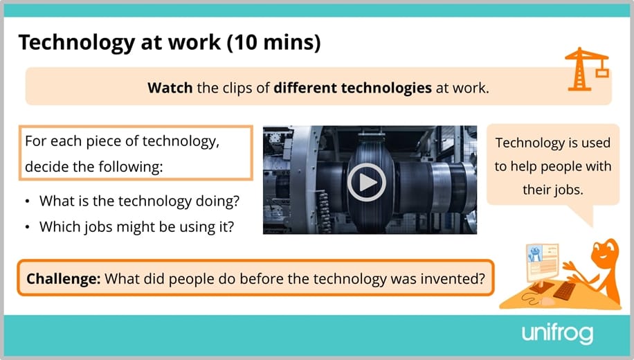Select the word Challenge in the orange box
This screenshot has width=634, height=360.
point(63,279)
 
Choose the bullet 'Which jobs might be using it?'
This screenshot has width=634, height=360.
point(136,226)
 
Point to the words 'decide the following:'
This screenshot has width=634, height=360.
point(93,167)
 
